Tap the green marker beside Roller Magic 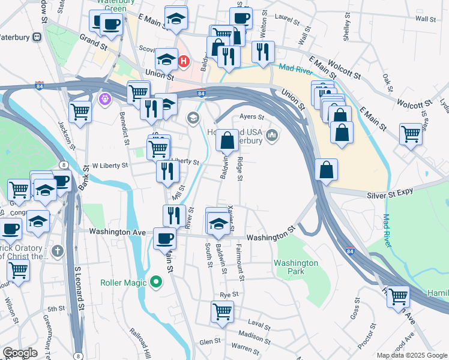pos(156,281)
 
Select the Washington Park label pos(296,268)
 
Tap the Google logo pos(20,353)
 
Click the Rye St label pos(229,295)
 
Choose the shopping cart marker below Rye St pos(222,312)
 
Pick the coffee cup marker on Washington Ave pos(164,238)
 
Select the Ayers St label pos(252,116)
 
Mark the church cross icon pos(57,250)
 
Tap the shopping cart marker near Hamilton pos(398,296)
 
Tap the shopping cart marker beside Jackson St pos(80,111)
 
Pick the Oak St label pos(387,80)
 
